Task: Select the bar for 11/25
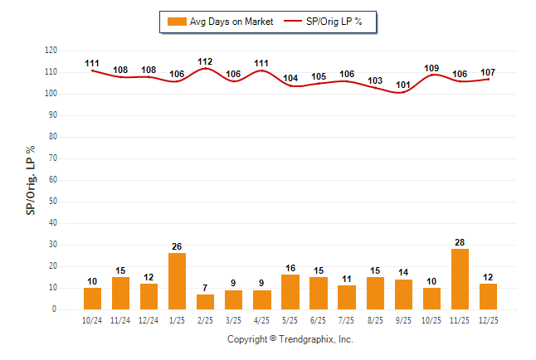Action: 459,280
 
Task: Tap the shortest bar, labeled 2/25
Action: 205,302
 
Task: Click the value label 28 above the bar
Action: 459,242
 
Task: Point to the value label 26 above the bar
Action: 177,246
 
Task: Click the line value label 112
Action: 205,61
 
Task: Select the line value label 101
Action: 402,85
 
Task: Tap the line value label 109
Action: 431,68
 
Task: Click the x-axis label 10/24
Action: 92,320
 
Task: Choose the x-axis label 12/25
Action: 487,320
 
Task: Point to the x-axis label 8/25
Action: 374,320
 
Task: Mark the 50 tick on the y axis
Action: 52,202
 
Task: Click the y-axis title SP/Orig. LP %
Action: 31,180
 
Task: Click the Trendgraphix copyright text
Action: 290,339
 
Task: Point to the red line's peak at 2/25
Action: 205,69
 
